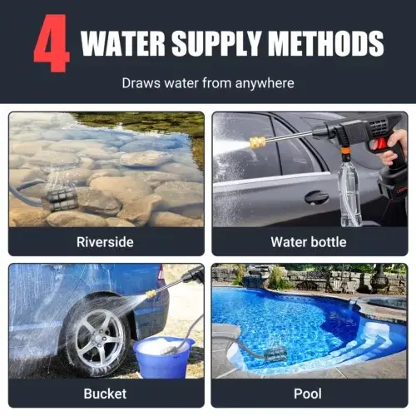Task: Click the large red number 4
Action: click(x=52, y=43)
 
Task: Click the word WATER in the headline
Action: click(x=123, y=43)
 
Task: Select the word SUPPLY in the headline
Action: click(x=217, y=43)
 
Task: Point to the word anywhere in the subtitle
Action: click(x=265, y=83)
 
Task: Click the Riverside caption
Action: click(x=105, y=242)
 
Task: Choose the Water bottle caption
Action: click(x=309, y=242)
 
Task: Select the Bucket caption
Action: click(x=105, y=394)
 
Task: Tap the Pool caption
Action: click(x=308, y=394)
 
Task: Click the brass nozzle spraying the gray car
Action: click(x=258, y=142)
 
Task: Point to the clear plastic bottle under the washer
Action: click(x=349, y=193)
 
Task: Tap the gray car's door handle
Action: click(x=316, y=197)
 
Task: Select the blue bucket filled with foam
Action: click(x=163, y=357)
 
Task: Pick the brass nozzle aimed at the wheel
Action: click(x=151, y=294)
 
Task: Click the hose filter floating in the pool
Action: click(x=275, y=354)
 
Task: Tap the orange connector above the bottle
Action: click(x=346, y=152)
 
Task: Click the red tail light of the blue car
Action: click(x=161, y=272)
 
